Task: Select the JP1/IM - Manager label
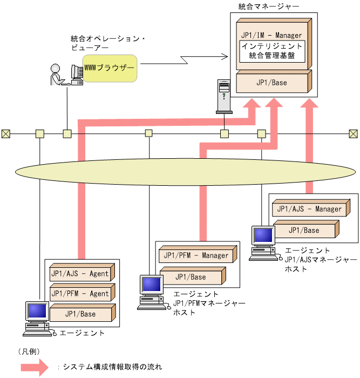(273, 35)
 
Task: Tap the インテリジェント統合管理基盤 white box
(272, 51)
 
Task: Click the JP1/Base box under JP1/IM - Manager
(271, 83)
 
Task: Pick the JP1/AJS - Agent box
(79, 274)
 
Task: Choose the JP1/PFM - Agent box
(79, 294)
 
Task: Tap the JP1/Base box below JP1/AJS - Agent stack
(80, 314)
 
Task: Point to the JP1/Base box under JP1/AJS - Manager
(304, 231)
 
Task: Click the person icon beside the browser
(57, 75)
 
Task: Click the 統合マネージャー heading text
(261, 7)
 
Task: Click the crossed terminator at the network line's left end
(5, 133)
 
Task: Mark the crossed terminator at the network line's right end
(353, 133)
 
